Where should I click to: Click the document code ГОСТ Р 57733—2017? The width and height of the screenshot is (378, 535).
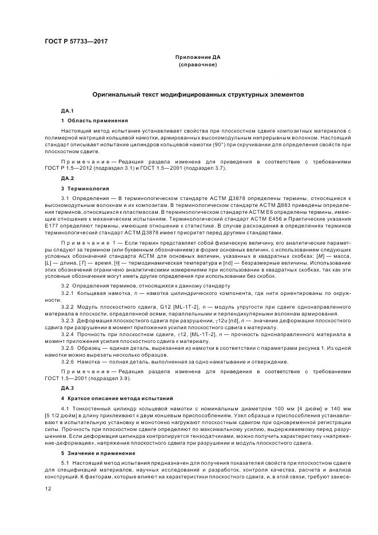[x=76, y=42]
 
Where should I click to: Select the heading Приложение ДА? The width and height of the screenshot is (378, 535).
[x=197, y=58]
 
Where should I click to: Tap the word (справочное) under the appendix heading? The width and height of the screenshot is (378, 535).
[x=197, y=65]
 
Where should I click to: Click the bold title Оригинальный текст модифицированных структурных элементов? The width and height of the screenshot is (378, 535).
[x=197, y=94]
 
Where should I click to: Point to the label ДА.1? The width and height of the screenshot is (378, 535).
[x=67, y=110]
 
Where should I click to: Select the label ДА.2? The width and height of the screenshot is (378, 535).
[x=67, y=178]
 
